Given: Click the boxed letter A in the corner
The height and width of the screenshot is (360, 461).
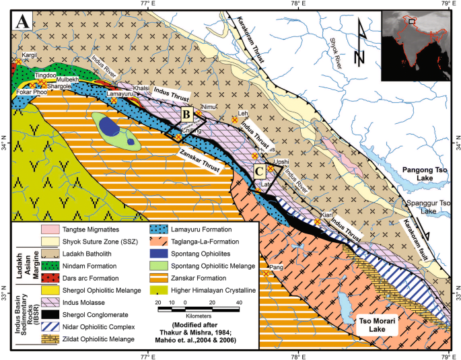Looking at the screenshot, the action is click(x=22, y=22).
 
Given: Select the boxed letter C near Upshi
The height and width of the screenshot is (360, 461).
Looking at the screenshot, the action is click(x=258, y=171).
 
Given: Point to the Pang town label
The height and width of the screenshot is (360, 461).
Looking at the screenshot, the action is click(x=276, y=267).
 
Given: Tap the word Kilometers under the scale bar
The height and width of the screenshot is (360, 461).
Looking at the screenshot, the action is click(x=196, y=315).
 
